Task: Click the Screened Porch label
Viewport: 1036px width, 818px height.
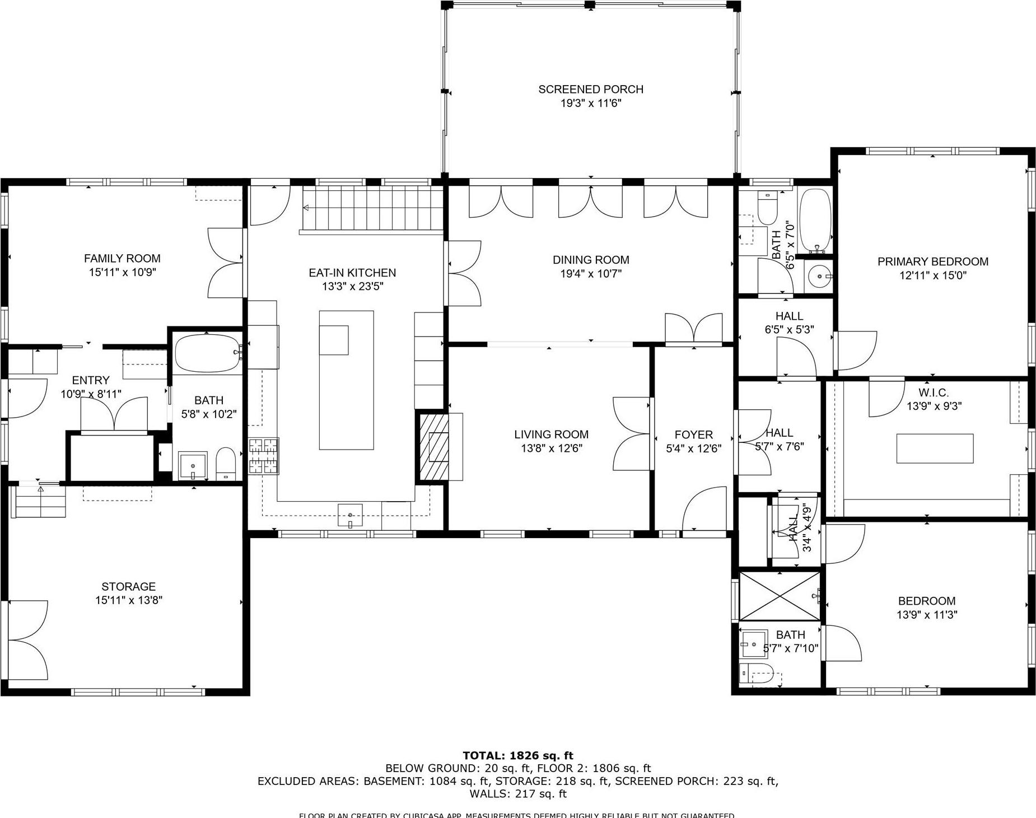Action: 590,89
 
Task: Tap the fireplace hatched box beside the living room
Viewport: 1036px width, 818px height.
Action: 434,446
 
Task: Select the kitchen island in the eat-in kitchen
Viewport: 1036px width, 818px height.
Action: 346,380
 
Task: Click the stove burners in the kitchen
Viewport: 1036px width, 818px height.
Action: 264,456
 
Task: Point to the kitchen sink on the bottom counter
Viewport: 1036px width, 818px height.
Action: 350,515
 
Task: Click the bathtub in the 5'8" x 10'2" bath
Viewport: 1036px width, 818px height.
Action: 207,353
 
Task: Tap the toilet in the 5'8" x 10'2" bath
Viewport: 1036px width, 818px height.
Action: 226,464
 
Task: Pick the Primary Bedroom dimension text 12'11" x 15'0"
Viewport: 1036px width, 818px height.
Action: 932,275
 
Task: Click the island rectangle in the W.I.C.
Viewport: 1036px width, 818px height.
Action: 935,448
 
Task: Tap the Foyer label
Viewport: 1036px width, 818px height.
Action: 693,434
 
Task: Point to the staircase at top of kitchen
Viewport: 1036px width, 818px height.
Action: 372,208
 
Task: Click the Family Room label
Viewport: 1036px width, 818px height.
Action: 122,258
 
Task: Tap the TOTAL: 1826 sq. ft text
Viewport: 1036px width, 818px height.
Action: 517,755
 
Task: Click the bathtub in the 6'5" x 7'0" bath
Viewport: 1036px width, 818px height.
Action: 815,219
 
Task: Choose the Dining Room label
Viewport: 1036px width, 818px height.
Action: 590,260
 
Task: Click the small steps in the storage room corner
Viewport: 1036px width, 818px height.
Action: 39,502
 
